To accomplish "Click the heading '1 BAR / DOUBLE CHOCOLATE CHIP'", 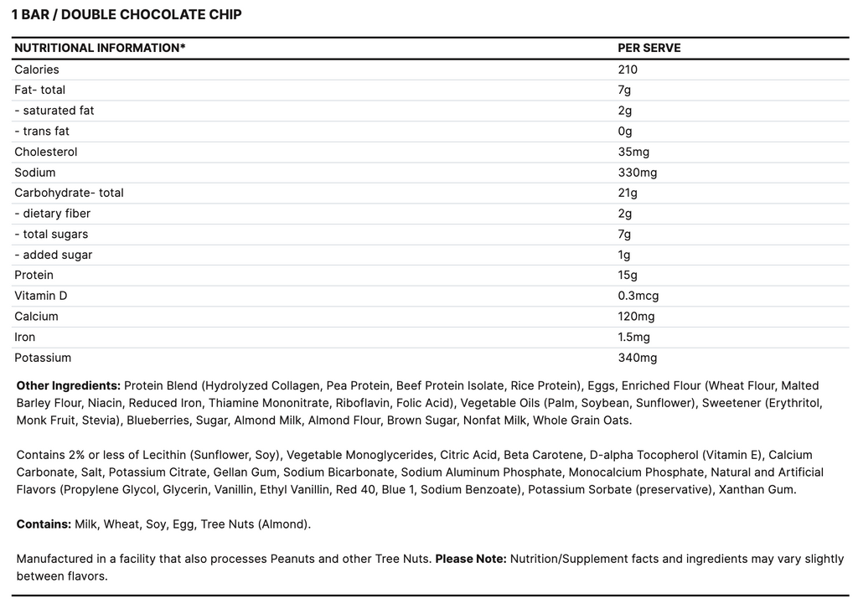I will [127, 15].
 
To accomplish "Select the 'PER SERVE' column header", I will [649, 48].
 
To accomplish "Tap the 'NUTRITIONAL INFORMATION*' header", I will [100, 48].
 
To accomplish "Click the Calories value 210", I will [628, 70].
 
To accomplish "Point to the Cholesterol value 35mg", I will [633, 152].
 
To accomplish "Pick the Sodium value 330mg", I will [637, 173].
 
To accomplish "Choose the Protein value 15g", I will [628, 275].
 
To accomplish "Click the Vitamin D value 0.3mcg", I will [638, 296].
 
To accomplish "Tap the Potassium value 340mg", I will [637, 358].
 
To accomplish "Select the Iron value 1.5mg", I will [633, 337].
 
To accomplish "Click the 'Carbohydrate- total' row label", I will [69, 193].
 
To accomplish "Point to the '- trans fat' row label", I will [42, 131].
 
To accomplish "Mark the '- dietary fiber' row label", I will [52, 214].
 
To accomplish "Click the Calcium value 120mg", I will [636, 317].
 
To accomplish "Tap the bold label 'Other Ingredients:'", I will [67, 385].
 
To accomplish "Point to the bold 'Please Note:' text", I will [470, 559].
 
